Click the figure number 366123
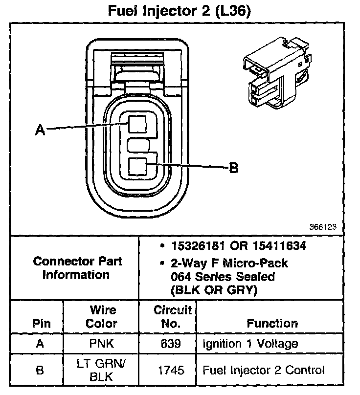(x=322, y=227)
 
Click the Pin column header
(x=41, y=324)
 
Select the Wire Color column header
(x=102, y=317)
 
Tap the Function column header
(x=272, y=324)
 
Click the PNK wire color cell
(x=102, y=344)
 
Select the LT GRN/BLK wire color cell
(x=102, y=370)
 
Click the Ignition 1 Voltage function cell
(x=250, y=344)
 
